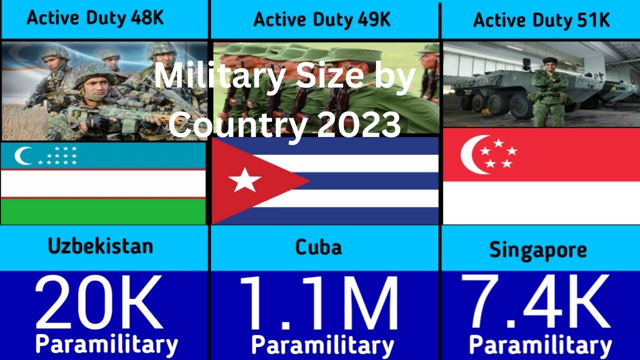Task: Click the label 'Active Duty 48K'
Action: (x=95, y=18)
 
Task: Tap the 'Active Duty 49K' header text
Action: (x=322, y=19)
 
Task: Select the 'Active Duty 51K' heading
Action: (x=541, y=20)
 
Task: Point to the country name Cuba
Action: (x=318, y=247)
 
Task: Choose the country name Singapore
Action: (x=537, y=250)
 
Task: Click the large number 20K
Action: (x=98, y=303)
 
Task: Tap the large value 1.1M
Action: (x=319, y=303)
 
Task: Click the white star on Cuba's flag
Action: (x=244, y=180)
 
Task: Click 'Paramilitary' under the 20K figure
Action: (x=106, y=345)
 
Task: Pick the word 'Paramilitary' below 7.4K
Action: (x=540, y=345)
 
